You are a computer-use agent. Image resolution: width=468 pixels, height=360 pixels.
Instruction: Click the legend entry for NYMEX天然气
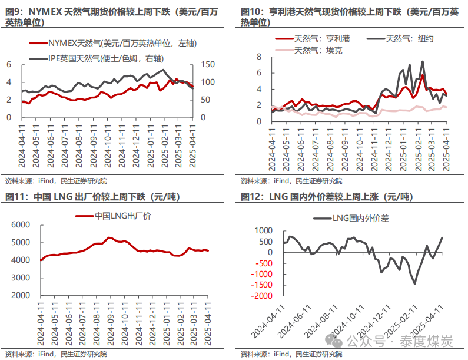click(x=112, y=43)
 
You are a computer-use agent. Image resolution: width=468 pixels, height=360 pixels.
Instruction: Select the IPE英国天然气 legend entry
click(x=106, y=58)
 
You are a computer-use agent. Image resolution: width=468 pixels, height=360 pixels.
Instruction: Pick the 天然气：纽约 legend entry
click(x=409, y=38)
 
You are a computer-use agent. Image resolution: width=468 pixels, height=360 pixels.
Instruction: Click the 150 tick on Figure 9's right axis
click(x=209, y=64)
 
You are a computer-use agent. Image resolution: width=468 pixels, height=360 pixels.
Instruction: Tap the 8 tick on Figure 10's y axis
click(x=259, y=56)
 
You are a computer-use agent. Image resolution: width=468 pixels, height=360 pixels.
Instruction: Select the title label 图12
click(x=251, y=196)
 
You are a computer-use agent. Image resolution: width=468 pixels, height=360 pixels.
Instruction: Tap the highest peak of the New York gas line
click(x=422, y=61)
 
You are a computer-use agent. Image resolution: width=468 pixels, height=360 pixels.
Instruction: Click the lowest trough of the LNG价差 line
click(x=415, y=284)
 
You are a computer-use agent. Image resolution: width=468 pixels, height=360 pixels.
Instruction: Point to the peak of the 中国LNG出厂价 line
click(x=108, y=237)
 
